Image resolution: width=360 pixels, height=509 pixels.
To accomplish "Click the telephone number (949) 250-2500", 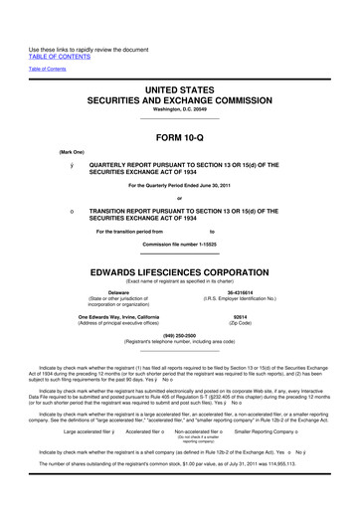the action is tap(179, 335).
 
